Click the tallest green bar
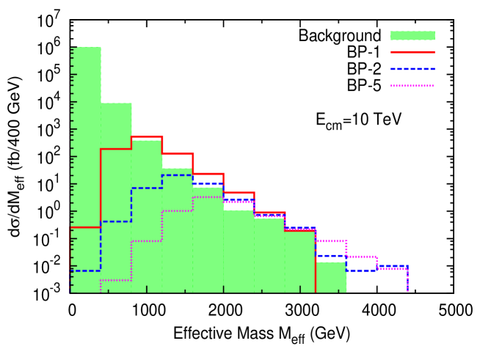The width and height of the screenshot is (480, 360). click(86, 169)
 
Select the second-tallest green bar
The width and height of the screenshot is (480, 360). click(116, 198)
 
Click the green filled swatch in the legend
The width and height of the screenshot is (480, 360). click(412, 35)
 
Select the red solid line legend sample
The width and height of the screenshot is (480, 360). click(412, 52)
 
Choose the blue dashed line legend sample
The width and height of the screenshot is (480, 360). click(412, 69)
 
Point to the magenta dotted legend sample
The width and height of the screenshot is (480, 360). click(412, 86)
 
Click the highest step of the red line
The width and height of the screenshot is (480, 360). click(147, 137)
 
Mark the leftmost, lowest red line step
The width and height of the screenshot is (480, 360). click(85, 227)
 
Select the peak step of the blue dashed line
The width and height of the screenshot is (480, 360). click(178, 175)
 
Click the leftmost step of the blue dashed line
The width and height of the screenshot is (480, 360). click(85, 271)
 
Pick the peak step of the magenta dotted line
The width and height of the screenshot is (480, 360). click(208, 197)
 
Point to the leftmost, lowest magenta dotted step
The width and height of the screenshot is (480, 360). click(116, 280)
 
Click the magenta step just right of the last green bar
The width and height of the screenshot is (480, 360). click(361, 257)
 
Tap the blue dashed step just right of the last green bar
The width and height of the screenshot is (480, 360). click(361, 271)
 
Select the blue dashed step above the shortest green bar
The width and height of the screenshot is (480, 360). click(330, 256)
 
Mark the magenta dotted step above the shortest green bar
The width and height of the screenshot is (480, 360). click(330, 241)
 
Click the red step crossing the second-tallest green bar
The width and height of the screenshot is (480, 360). click(116, 149)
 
